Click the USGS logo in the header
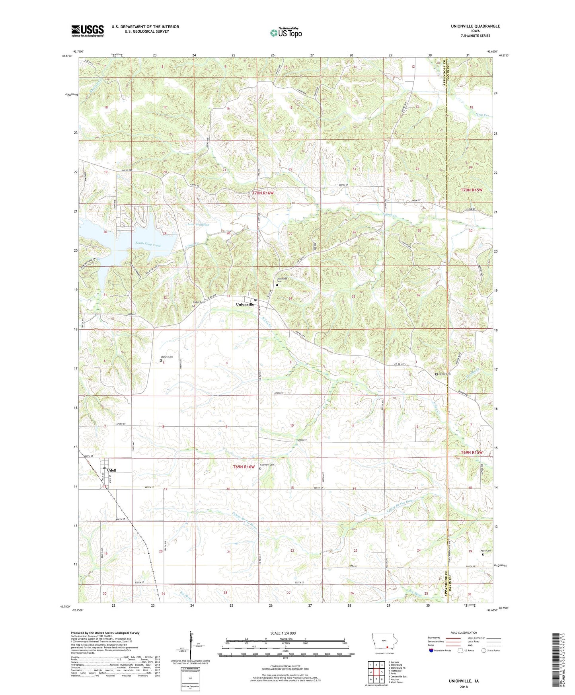[x=87, y=31]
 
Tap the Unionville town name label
[x=245, y=304]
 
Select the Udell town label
[x=112, y=470]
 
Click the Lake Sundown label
[x=198, y=225]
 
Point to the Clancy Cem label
[x=167, y=357]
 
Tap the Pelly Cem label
[x=486, y=551]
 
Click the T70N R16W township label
[x=263, y=193]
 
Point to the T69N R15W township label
[x=472, y=453]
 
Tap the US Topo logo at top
[x=286, y=32]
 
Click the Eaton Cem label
[x=199, y=302]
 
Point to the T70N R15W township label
[x=472, y=190]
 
